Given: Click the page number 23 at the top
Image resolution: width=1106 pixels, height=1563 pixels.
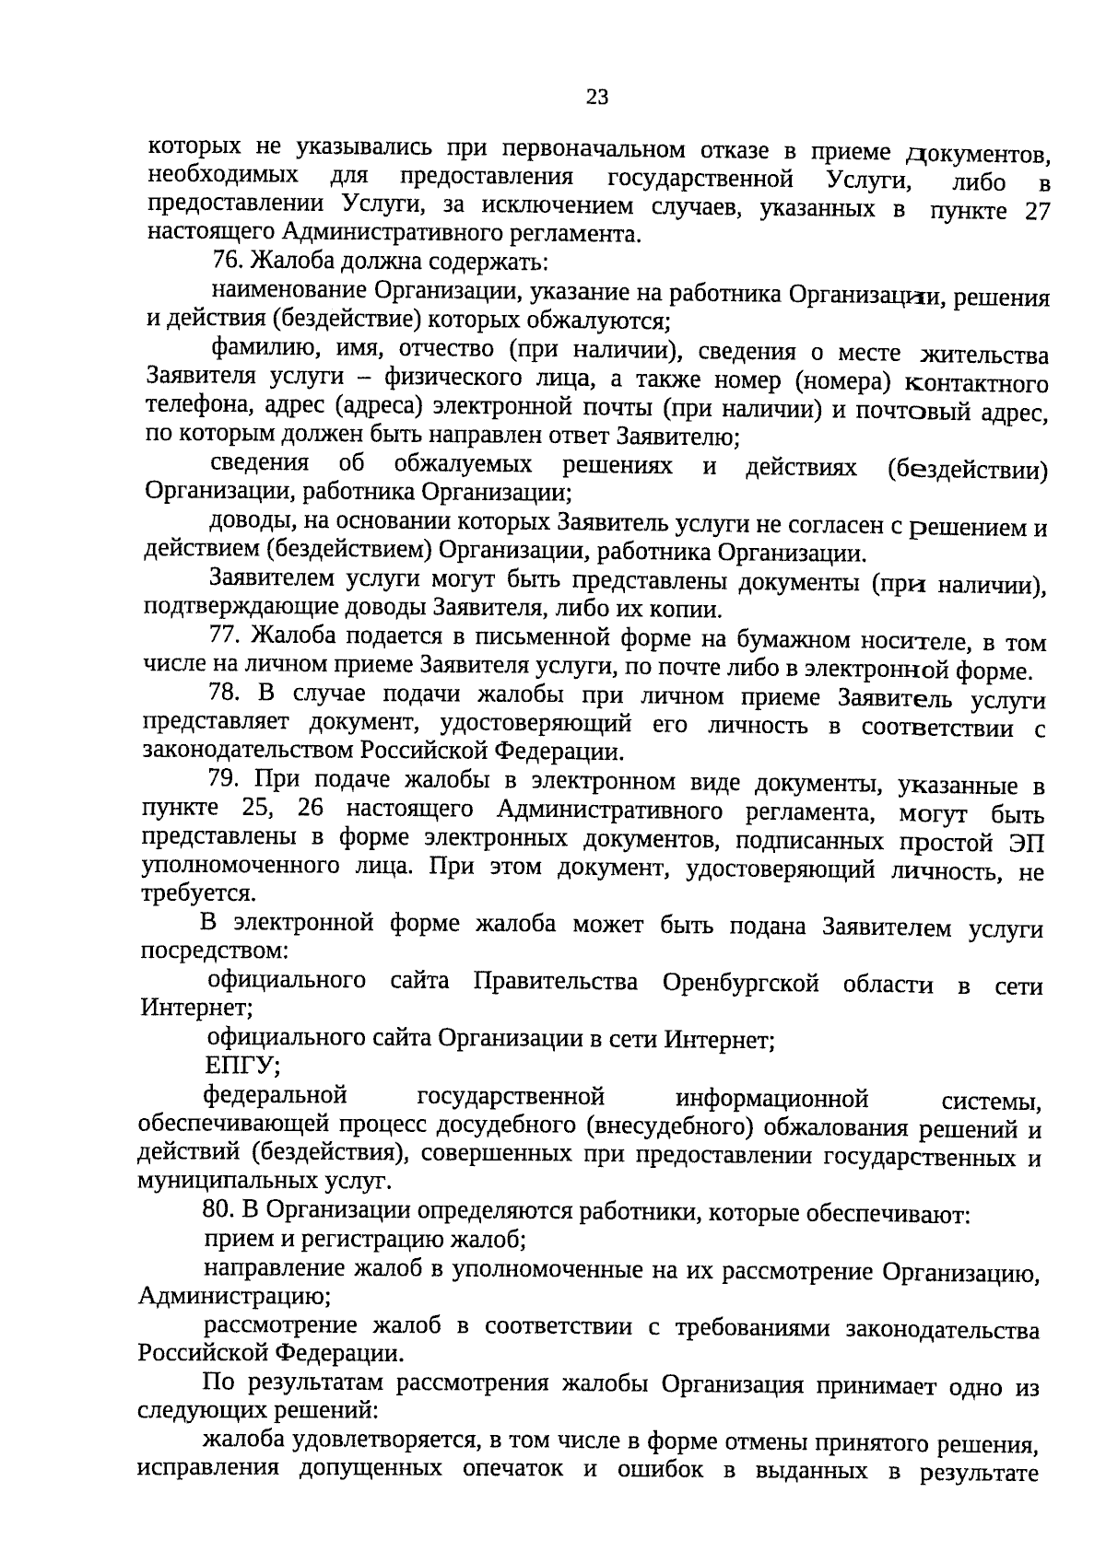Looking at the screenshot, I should tap(597, 97).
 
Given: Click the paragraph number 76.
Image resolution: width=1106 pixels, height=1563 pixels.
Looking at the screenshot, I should tap(226, 262).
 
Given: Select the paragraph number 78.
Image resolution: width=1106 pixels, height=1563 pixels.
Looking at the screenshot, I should tap(224, 694).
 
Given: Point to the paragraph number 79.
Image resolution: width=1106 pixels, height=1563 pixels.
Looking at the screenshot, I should tap(224, 779).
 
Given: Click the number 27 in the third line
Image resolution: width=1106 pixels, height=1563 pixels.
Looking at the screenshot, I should tap(1037, 211).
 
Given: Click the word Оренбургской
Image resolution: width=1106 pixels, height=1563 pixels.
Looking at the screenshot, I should tap(740, 983).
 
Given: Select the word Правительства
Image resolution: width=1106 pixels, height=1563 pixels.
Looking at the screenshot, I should tap(555, 982).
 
